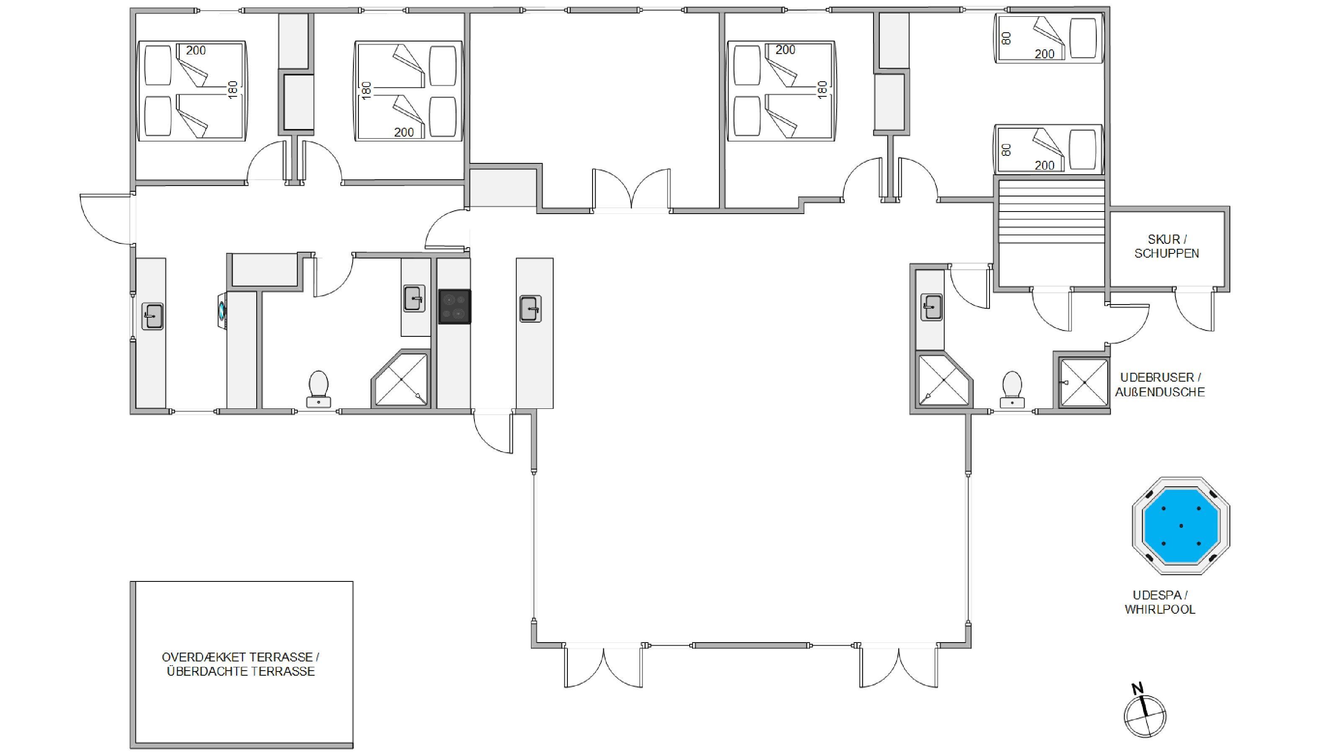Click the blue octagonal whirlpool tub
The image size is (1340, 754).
[1181, 526]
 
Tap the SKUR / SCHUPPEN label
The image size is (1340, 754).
[1167, 246]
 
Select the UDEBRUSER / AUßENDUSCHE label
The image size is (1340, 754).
[1160, 385]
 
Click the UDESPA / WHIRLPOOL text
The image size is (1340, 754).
[1160, 602]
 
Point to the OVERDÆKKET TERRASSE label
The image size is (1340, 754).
[240, 657]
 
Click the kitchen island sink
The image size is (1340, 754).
[531, 309]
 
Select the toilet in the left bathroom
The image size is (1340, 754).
[319, 389]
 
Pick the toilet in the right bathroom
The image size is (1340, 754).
[1012, 389]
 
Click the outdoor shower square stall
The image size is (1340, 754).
[1085, 382]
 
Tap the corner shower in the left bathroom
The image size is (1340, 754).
[401, 379]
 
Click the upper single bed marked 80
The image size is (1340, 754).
[1049, 39]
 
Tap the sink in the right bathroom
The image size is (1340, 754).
[932, 307]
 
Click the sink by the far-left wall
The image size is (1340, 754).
[152, 316]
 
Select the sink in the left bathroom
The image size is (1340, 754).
[414, 299]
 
